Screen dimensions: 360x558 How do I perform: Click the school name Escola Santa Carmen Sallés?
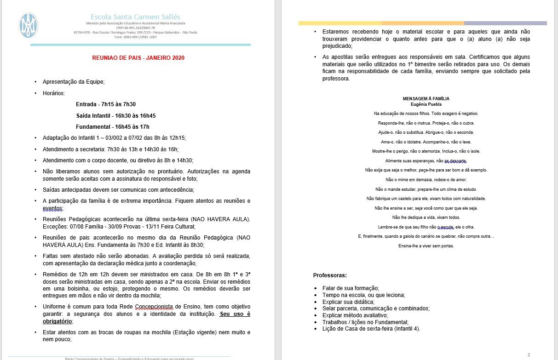tap(135, 17)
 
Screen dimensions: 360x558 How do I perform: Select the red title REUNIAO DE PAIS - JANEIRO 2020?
tap(138, 58)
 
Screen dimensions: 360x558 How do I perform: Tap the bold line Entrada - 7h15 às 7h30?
tap(106, 104)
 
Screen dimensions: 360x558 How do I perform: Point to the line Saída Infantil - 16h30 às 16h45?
tap(115, 115)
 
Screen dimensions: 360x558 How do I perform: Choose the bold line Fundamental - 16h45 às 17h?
tap(113, 126)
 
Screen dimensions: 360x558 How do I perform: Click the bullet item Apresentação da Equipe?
tap(74, 82)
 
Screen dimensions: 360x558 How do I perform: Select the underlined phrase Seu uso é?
tap(235, 314)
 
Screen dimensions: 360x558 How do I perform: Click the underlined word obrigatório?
tap(58, 321)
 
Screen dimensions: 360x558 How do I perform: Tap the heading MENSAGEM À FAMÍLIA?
tap(426, 99)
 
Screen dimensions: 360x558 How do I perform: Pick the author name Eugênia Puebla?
tap(426, 104)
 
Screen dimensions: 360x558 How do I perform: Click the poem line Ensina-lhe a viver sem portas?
tap(426, 246)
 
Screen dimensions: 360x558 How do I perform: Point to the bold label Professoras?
tap(330, 275)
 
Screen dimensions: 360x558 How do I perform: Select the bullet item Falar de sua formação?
tap(351, 288)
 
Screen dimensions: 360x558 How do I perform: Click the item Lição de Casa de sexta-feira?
tap(371, 329)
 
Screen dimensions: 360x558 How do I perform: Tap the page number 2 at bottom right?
tap(529, 354)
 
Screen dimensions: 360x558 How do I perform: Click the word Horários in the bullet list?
tap(54, 93)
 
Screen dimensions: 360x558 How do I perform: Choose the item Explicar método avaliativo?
tap(355, 315)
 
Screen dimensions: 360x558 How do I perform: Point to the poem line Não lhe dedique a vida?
tap(426, 217)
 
